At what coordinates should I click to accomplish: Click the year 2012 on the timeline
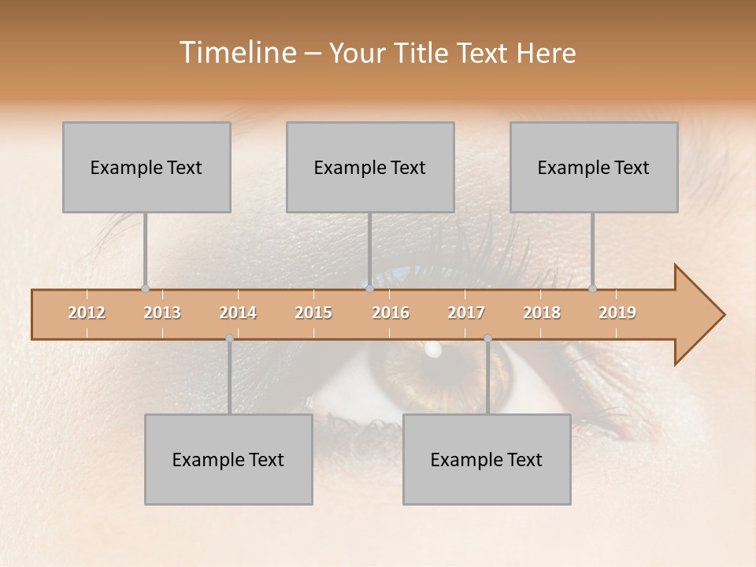(x=87, y=313)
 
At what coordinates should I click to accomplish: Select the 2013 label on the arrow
(x=162, y=313)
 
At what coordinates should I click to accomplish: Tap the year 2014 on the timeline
(x=238, y=313)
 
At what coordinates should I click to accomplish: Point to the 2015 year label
(x=313, y=313)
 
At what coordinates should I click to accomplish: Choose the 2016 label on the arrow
(x=391, y=313)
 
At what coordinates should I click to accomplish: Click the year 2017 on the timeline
(x=466, y=313)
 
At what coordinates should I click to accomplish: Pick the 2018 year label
(x=542, y=313)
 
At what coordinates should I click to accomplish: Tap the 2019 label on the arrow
(x=617, y=313)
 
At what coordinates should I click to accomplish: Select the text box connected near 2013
(x=146, y=167)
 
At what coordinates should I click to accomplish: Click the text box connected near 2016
(x=370, y=167)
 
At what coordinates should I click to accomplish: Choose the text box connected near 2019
(x=594, y=167)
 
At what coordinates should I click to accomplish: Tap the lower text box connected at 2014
(x=228, y=459)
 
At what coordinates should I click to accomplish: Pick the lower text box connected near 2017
(x=487, y=459)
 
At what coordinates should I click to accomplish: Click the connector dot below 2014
(x=229, y=339)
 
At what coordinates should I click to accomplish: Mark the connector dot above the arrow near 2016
(x=369, y=288)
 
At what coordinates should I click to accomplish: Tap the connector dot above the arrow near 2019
(x=593, y=288)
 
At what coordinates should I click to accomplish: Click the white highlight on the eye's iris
(x=432, y=349)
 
